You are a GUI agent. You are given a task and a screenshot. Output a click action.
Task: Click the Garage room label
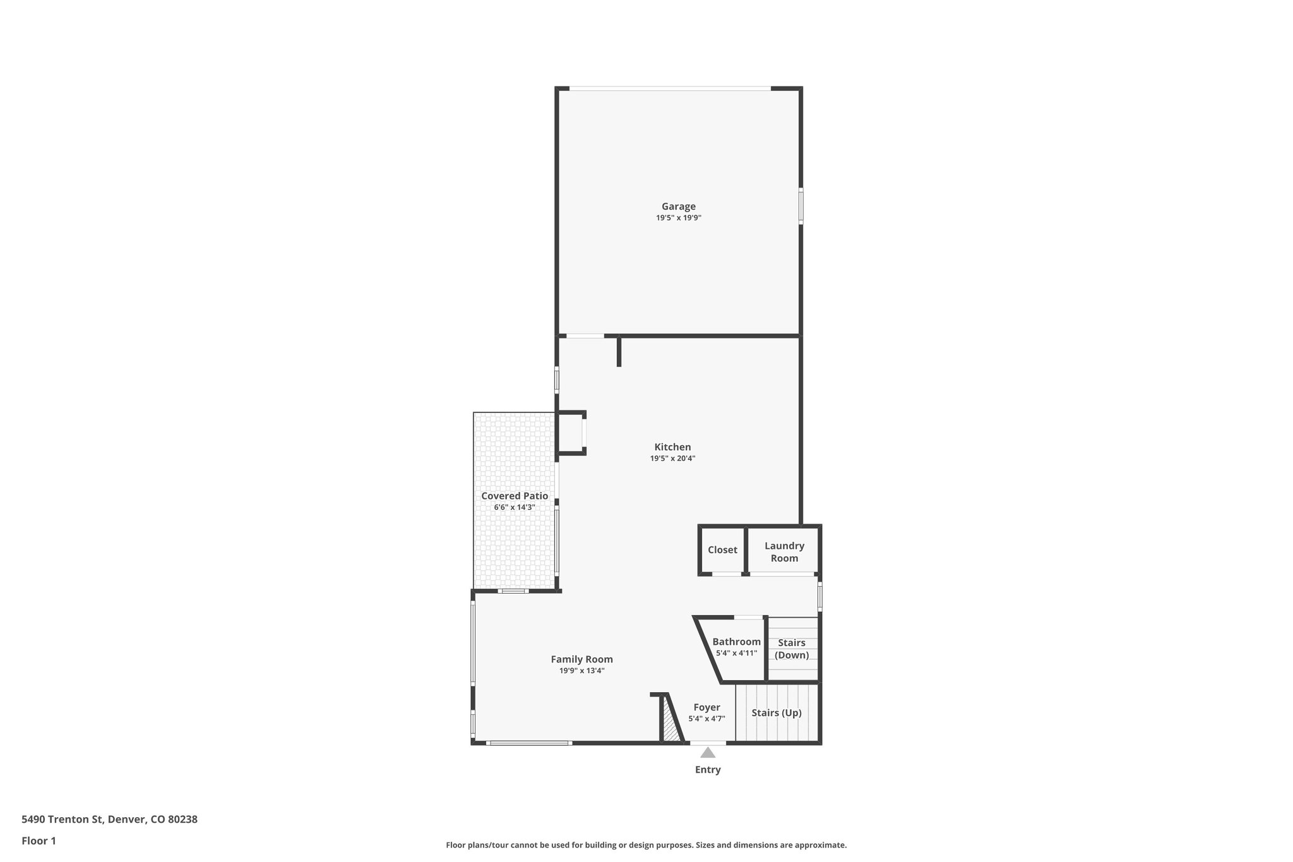[x=678, y=207]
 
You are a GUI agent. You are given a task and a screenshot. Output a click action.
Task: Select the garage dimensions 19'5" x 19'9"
[x=678, y=218]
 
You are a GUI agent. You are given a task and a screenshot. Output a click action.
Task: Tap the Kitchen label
[x=672, y=447]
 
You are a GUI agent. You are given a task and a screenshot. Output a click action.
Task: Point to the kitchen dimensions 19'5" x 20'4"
[x=672, y=458]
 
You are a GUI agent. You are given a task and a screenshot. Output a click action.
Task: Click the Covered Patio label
[x=515, y=496]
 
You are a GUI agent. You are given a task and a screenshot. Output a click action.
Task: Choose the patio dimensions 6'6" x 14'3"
[x=515, y=507]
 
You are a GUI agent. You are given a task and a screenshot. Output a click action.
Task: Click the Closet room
[x=722, y=550]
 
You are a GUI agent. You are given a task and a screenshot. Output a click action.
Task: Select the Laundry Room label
[x=784, y=552]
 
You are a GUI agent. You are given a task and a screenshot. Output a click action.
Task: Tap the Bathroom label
[x=736, y=642]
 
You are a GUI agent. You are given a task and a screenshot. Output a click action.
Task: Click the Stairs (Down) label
[x=792, y=649]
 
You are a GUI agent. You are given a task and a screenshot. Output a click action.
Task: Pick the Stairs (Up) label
[x=777, y=713]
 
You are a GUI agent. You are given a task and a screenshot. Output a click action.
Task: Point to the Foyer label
[x=706, y=707]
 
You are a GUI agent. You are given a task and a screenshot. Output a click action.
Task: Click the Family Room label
[x=581, y=659]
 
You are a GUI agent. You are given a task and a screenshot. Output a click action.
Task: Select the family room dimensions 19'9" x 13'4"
[x=581, y=671]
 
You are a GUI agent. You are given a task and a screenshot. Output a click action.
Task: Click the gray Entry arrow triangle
[x=708, y=753]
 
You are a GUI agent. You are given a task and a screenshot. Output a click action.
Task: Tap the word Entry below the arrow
[x=708, y=770]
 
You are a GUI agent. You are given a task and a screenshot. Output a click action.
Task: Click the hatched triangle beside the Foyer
[x=670, y=726]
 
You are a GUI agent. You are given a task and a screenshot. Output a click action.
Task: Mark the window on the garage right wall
[x=801, y=205]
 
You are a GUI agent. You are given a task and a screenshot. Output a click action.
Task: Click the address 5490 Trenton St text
[x=109, y=820]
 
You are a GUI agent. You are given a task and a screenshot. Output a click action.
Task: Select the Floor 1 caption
[x=39, y=841]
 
